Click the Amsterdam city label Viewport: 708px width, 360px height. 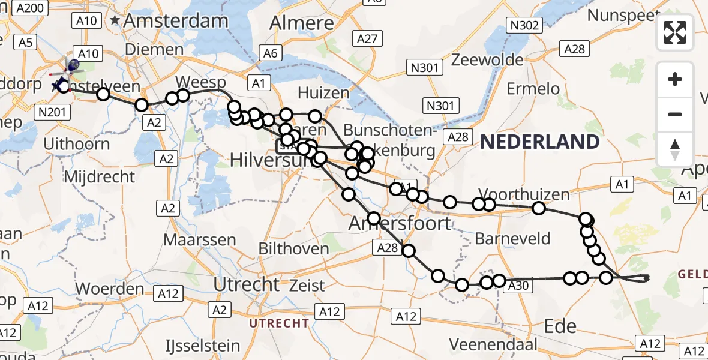(x=176, y=21)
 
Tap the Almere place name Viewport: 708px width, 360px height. (x=302, y=23)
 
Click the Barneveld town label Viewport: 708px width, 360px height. (x=512, y=238)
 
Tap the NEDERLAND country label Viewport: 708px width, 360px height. (x=540, y=142)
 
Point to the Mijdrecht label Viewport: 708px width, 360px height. (x=99, y=176)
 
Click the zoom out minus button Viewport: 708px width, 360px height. (x=676, y=114)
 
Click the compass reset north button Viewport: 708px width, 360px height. (x=676, y=149)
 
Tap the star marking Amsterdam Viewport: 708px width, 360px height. (x=115, y=20)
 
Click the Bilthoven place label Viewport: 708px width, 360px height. (x=294, y=248)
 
